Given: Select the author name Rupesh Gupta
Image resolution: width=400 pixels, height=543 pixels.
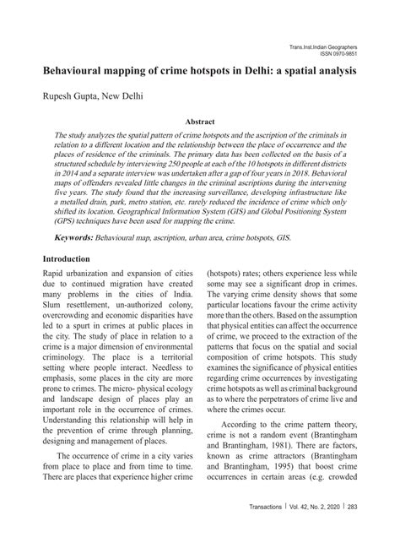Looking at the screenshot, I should [70, 96].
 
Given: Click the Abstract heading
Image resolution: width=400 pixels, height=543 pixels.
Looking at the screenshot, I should [200, 122].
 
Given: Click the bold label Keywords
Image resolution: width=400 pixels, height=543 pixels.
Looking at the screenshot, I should [72, 238].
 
